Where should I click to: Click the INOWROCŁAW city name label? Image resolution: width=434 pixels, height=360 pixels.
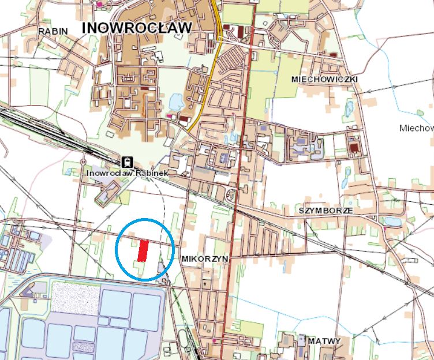pos(136,28)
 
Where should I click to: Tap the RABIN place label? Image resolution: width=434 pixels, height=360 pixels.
pos(53,31)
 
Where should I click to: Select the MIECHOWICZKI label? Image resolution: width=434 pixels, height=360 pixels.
pos(325,78)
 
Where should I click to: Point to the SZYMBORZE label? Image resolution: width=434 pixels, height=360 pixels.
pos(325,211)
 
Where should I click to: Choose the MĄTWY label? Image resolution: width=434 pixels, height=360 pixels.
pos(324,341)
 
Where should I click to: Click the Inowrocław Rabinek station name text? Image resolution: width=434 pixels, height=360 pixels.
pos(128,172)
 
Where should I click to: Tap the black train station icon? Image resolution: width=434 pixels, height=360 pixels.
pos(127,162)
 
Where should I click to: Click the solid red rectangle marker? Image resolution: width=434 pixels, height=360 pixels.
pos(143,250)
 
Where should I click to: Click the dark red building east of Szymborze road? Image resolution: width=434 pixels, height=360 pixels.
pos(354,148)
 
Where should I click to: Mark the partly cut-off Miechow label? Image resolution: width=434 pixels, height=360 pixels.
pos(416,128)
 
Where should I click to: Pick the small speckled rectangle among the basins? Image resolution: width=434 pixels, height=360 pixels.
pos(84,347)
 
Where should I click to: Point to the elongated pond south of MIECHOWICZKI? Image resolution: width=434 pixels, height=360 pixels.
pos(349,108)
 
